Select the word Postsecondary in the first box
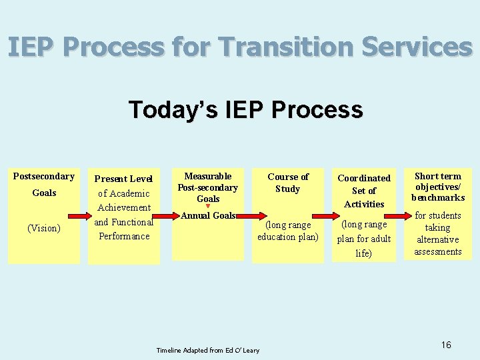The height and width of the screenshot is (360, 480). pos(44,177)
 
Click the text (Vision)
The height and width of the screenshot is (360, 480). pos(44,228)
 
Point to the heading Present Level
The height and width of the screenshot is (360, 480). pos(123,179)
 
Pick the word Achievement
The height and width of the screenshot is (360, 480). pos(123,207)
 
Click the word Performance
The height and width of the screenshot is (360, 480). pos(123,236)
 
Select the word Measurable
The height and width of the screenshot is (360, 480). pos(208,176)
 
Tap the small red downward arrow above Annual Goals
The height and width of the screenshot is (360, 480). pos(207,207)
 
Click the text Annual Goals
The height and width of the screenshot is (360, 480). pos(207,215)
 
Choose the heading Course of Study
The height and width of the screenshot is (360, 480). pos(288,183)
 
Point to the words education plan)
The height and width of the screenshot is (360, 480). pos(288,237)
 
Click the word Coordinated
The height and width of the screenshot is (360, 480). pos(364,178)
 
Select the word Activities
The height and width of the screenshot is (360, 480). pos(364,204)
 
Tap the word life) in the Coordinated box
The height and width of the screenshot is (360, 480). pos(364,253)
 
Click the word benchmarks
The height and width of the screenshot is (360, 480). pos(438,197)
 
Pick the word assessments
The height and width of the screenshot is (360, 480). pos(438,251)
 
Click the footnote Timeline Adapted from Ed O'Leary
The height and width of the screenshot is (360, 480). pos(208,350)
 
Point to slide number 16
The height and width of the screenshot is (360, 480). pos(446,345)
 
